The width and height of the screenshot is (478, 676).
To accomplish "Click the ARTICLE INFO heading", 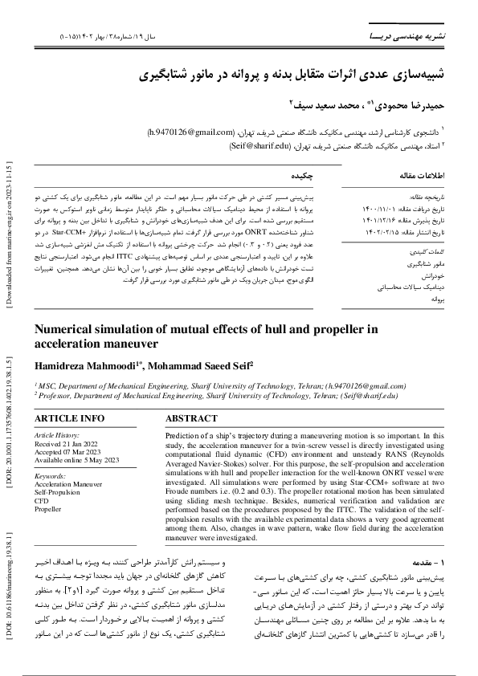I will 69,419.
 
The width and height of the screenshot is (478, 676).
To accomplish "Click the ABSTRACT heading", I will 191,419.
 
